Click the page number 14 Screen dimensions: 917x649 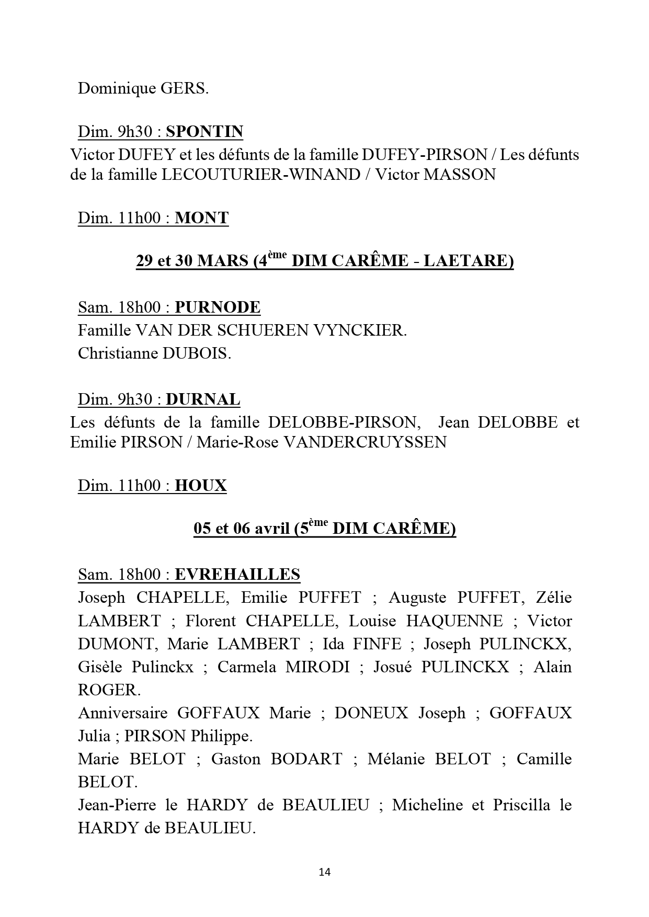324,872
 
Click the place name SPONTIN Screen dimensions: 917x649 204,132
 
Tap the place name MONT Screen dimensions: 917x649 201,218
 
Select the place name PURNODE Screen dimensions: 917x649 218,307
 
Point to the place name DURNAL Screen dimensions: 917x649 203,400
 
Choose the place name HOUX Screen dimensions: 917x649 201,486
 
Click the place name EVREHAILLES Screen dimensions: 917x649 237,575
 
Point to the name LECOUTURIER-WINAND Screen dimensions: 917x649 261,175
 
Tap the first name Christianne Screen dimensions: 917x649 118,354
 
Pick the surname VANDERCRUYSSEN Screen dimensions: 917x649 365,442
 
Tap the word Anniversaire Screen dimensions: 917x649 123,713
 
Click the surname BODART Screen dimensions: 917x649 306,759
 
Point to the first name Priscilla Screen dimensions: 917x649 521,805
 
